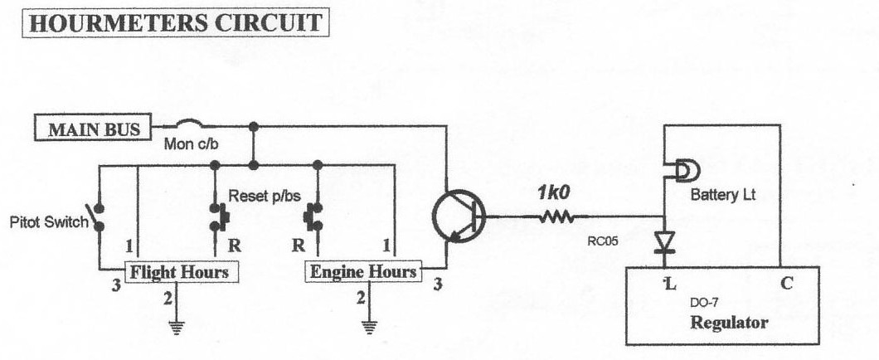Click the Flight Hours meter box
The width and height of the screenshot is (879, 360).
(x=177, y=271)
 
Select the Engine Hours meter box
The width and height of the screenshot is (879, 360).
(x=363, y=271)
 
